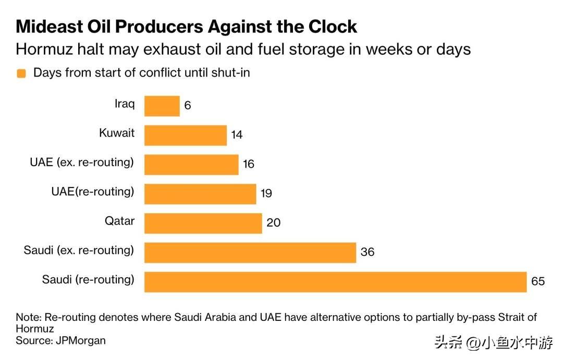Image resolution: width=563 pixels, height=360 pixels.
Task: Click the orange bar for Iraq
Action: (x=162, y=106)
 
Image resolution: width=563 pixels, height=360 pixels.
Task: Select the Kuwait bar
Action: (x=185, y=135)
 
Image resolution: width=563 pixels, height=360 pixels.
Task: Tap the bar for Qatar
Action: (x=203, y=223)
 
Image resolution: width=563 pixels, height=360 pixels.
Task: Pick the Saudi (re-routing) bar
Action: (x=335, y=281)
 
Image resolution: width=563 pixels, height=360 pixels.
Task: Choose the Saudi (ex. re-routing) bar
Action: (x=250, y=252)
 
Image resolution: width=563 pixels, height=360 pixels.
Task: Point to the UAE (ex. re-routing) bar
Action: (x=191, y=164)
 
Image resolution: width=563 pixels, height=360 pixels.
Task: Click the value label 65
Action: (x=538, y=281)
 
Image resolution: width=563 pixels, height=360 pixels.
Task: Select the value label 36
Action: (x=368, y=252)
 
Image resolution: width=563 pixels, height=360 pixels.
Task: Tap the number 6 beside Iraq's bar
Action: (x=188, y=106)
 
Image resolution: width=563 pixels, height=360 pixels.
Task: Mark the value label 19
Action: (x=266, y=194)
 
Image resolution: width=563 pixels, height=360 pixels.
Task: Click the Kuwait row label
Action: (x=117, y=133)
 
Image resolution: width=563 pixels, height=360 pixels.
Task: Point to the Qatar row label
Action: (x=119, y=221)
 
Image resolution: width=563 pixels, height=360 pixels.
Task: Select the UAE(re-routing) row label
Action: (x=92, y=192)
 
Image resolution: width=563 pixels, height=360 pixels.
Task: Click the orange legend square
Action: (x=21, y=73)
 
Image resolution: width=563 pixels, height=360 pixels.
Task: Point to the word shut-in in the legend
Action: (x=230, y=73)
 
